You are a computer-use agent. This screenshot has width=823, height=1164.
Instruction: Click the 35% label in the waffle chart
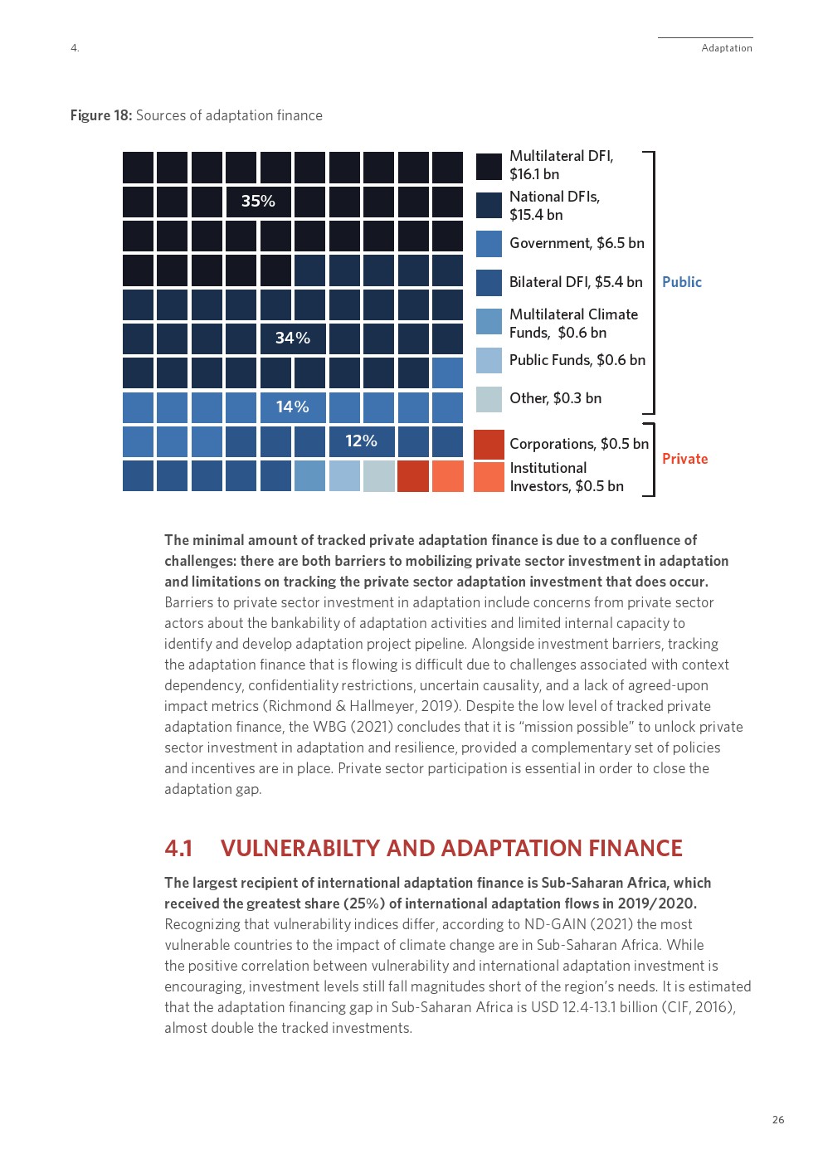tap(258, 202)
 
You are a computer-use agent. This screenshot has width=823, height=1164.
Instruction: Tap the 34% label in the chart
tap(292, 338)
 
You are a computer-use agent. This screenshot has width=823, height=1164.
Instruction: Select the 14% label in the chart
tap(292, 407)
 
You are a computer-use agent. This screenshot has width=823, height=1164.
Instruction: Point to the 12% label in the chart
tap(361, 441)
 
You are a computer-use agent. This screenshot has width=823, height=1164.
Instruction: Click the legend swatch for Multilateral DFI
tap(489, 166)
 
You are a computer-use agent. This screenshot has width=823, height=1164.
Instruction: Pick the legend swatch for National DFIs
tap(489, 206)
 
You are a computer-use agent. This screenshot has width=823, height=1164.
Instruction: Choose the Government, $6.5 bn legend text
tap(577, 243)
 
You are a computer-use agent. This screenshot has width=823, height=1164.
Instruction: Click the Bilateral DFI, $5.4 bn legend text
tap(576, 282)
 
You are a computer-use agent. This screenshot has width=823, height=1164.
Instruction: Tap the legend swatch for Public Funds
tap(489, 360)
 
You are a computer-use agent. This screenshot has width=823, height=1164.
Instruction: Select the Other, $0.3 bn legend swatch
tap(489, 399)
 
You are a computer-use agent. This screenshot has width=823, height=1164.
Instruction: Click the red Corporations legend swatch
tap(489, 445)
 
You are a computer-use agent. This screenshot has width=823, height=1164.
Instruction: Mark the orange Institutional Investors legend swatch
tap(489, 477)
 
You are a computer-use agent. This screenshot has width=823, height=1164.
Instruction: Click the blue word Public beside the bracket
tap(682, 282)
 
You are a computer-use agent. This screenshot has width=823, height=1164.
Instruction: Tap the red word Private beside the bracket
tap(684, 459)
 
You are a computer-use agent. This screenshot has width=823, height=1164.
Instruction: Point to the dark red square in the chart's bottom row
tap(413, 476)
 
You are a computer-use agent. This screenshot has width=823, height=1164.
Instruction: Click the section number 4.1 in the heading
tap(178, 848)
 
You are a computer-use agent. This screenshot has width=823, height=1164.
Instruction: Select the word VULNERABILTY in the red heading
tap(300, 848)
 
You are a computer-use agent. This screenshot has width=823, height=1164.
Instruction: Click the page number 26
tap(778, 1120)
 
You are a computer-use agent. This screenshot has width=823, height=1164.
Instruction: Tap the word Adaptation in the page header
tap(727, 48)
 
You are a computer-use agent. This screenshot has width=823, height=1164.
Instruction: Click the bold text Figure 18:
tap(101, 115)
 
